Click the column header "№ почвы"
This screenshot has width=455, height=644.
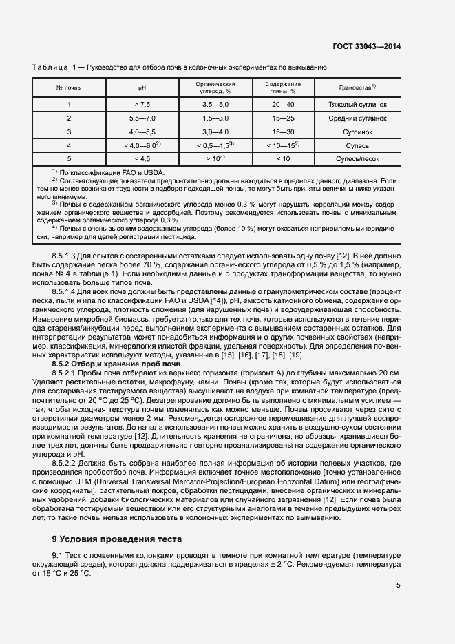pyautogui.click(x=69, y=87)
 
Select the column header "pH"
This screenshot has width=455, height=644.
pyautogui.click(x=142, y=87)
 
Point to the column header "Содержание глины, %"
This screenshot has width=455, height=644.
pyautogui.click(x=282, y=87)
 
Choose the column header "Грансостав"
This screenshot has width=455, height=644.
pyautogui.click(x=357, y=87)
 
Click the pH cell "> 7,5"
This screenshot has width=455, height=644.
pyautogui.click(x=142, y=105)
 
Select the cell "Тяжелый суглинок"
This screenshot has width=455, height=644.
pyautogui.click(x=358, y=105)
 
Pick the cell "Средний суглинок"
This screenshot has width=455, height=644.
pyautogui.click(x=358, y=118)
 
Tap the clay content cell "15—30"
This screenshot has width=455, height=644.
pyautogui.click(x=282, y=132)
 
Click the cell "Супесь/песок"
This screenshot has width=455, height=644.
pyautogui.click(x=358, y=158)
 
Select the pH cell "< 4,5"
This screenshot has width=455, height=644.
pyautogui.click(x=142, y=158)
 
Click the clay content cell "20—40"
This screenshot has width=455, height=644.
pyautogui.click(x=282, y=105)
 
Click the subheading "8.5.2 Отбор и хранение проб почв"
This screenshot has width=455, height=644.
pyautogui.click(x=116, y=363)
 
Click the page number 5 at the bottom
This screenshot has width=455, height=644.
pyautogui.click(x=399, y=585)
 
